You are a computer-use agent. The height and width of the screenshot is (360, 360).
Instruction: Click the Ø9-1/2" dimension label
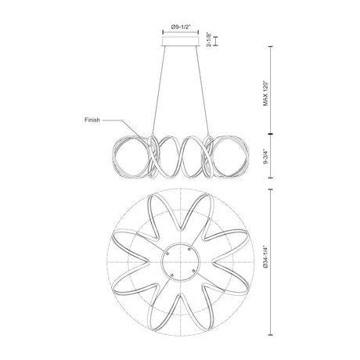[x=181, y=27]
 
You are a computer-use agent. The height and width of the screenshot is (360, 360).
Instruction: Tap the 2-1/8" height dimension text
[x=209, y=40]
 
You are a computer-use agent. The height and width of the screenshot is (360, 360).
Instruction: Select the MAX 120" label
[x=265, y=93]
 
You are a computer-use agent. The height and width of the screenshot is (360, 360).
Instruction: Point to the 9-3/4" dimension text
[x=265, y=157]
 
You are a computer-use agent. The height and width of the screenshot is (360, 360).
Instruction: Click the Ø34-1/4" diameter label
[x=265, y=257]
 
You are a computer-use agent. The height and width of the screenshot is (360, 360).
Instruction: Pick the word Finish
[x=92, y=120]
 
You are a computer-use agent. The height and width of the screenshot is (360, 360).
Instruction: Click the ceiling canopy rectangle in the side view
[x=181, y=41]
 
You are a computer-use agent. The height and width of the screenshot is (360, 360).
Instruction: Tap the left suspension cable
[x=158, y=91]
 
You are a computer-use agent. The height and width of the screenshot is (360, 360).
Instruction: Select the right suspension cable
[x=203, y=91]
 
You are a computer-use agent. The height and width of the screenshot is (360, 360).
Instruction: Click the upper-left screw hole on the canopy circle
[x=167, y=254]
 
